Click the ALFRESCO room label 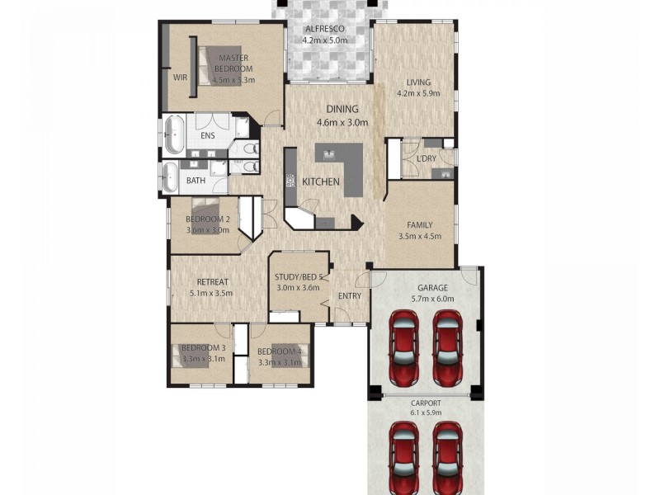coord(323,29)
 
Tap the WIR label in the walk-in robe coord(179,77)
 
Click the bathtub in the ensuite coord(173,134)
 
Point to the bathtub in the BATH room coord(170,178)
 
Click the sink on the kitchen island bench coord(331,153)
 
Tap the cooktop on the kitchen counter coord(290,181)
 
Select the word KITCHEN coord(321,181)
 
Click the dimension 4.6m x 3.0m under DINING coord(342,122)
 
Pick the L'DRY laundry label coord(426,158)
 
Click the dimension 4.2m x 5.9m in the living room coord(419,93)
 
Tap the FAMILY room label coord(420,224)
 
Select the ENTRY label coord(350,296)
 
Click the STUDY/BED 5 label coord(301,277)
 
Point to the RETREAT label coord(212,282)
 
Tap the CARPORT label coord(426,403)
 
